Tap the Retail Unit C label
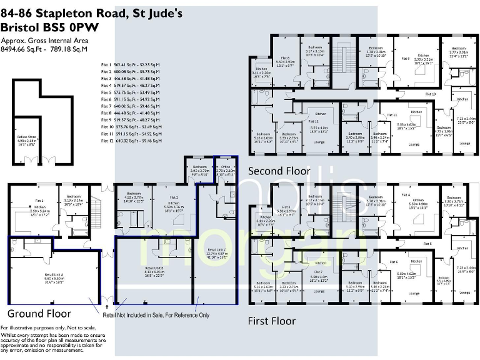coord(214,252)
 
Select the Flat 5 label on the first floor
coord(427,243)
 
